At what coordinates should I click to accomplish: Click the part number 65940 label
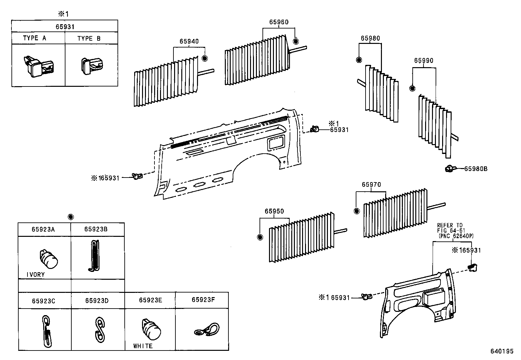coord(189,42)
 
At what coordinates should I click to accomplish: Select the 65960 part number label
coord(279,22)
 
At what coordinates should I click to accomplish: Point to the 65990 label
coord(423,61)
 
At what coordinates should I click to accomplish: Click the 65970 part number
coord(371,185)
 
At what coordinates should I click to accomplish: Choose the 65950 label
coord(274,212)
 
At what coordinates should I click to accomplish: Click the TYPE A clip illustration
coord(38,66)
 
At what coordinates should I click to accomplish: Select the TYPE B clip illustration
coord(91,65)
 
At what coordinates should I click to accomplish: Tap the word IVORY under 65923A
coord(35,275)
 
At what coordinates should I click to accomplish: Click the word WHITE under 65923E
coord(143,346)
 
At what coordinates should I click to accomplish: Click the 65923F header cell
coord(203,300)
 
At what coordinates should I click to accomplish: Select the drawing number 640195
coord(502,351)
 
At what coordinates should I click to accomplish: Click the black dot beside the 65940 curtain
coord(205,59)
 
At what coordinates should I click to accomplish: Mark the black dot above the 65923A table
coord(71,217)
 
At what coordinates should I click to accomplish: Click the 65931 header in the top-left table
coord(65,27)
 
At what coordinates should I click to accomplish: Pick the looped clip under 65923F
coord(207,329)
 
